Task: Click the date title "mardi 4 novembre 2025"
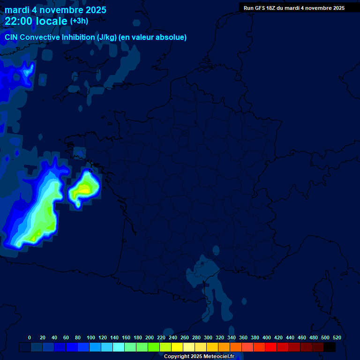click(55, 10)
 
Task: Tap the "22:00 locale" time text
click(36, 21)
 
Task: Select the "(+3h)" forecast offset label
click(79, 21)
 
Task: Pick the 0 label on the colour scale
click(30, 337)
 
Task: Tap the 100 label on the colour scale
click(91, 337)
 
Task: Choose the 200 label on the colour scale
click(150, 337)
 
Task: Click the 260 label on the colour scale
click(185, 337)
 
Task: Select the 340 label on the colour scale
click(232, 337)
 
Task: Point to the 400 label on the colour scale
click(267, 337)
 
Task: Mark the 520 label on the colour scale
click(337, 337)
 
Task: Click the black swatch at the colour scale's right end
click(330, 347)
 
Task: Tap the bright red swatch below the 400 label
click(271, 347)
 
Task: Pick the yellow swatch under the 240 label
click(177, 347)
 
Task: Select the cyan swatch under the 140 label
click(119, 347)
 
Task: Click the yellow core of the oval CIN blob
click(84, 189)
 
